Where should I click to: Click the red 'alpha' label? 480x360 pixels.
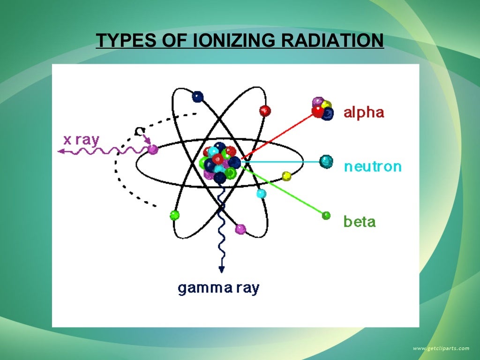364,112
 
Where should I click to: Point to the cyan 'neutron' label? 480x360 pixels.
373,166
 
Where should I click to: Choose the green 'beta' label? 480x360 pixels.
360,221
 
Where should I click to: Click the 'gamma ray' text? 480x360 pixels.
218,287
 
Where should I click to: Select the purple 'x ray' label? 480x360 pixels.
82,139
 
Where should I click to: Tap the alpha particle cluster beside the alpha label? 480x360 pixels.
322,108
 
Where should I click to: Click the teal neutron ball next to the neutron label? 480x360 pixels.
326,162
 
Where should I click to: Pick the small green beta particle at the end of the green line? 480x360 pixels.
326,215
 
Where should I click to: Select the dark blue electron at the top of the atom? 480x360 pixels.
198,97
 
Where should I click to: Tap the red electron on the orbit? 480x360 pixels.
265,111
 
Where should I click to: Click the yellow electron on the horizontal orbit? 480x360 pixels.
286,176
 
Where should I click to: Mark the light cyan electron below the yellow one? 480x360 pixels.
261,193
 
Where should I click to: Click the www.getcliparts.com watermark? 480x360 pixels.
441,348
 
